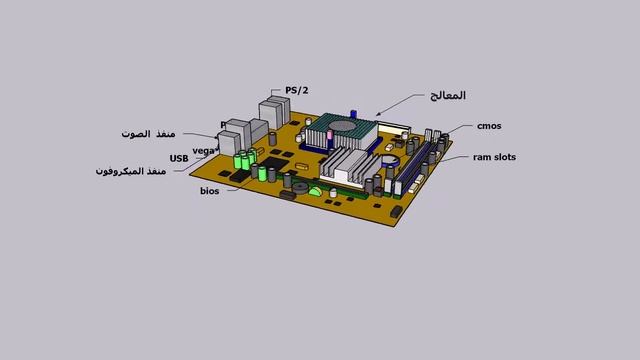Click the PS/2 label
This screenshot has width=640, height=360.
click(x=297, y=90)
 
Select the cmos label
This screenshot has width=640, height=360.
click(x=489, y=126)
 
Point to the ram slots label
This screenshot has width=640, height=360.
click(x=494, y=157)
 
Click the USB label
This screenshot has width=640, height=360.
click(x=179, y=158)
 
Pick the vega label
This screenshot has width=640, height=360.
click(x=204, y=150)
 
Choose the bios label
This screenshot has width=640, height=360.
click(x=210, y=190)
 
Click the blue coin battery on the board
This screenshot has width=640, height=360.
click(x=390, y=160)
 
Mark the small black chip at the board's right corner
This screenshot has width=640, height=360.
click(x=397, y=212)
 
